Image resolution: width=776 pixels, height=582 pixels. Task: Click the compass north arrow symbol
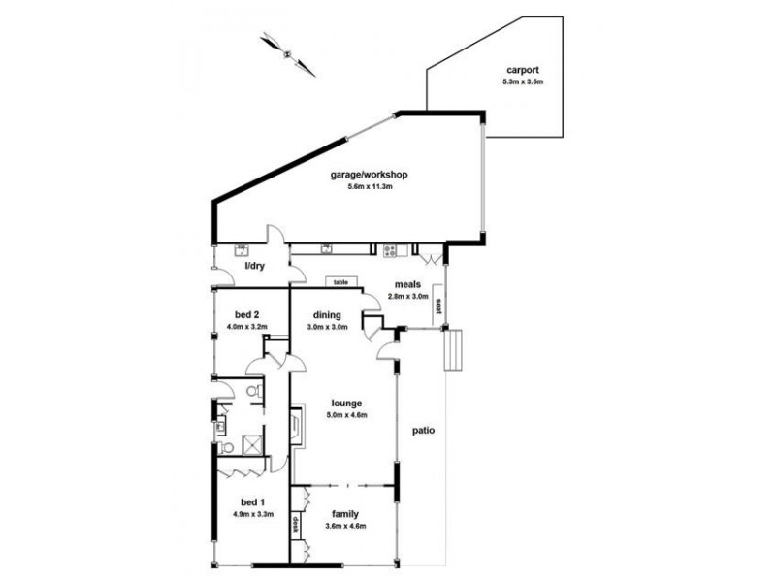[x=288, y=53]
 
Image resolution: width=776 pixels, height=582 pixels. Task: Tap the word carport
[x=522, y=70]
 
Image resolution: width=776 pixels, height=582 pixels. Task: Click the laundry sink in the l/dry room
[x=239, y=249]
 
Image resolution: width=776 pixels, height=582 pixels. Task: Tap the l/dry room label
[x=253, y=265]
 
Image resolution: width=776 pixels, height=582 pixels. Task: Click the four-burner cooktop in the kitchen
[x=390, y=250]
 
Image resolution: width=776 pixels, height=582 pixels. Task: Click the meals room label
[x=406, y=284]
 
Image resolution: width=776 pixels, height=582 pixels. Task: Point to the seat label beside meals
[x=438, y=305]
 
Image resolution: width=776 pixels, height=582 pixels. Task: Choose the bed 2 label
[x=246, y=314]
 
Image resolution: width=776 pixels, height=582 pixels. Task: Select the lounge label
[x=345, y=403]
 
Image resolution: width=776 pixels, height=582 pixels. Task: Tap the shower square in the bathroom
[x=250, y=446]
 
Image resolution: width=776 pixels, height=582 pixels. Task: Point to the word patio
[x=422, y=429]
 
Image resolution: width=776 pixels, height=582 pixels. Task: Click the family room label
[x=345, y=514]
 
